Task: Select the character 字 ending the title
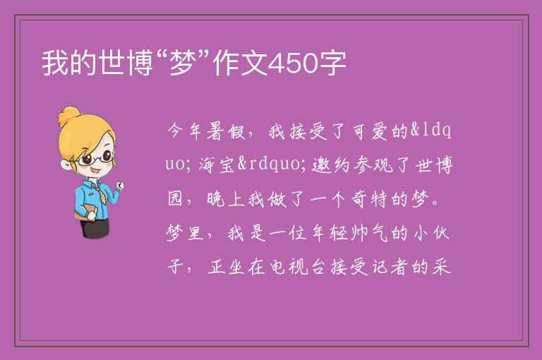332,63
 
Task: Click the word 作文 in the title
240,63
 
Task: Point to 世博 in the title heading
126,63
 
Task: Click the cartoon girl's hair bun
69,116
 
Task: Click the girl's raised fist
120,186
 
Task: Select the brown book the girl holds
85,212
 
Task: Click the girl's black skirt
95,228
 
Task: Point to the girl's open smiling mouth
96,171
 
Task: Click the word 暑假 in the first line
226,131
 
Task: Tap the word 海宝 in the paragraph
217,164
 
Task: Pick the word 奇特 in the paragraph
368,199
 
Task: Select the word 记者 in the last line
390,267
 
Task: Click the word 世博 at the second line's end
434,164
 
